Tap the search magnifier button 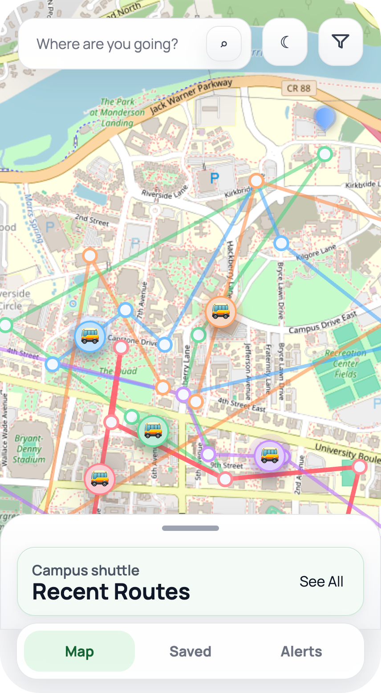224,44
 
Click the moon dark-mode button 285,42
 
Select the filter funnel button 340,42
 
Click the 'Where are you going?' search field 107,44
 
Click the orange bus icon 221,312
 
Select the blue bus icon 90,337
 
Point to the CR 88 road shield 299,88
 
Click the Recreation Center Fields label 345,363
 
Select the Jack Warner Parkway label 191,96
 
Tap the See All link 321,582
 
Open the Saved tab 190,652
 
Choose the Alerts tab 301,652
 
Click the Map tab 80,652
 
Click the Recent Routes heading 111,592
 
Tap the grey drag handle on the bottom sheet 190,528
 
